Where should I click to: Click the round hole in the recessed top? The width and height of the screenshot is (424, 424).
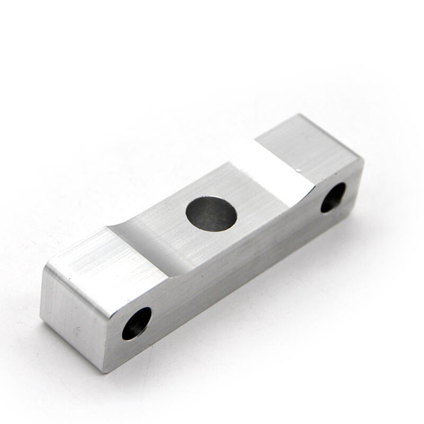[x=211, y=213]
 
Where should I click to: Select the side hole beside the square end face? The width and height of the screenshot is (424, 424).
[x=137, y=323]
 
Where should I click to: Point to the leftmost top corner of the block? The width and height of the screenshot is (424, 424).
[x=45, y=268]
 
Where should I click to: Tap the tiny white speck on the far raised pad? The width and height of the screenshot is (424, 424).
[x=300, y=170]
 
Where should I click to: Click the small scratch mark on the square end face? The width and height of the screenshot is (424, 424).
[x=78, y=331]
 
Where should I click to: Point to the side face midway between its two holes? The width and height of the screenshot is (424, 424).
[x=238, y=260]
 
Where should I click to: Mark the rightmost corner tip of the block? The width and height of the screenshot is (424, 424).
[x=364, y=159]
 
